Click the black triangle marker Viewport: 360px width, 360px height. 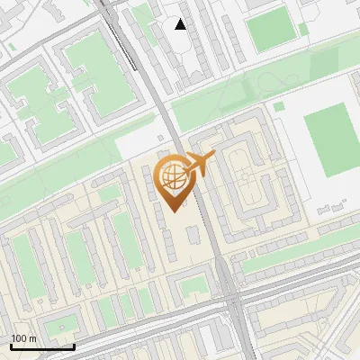click(x=181, y=24)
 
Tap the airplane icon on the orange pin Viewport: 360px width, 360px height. click(x=201, y=163)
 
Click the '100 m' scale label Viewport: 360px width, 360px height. click(x=23, y=338)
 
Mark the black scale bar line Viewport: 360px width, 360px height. click(x=42, y=346)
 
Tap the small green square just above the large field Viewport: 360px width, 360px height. click(x=280, y=106)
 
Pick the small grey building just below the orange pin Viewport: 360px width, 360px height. click(x=193, y=236)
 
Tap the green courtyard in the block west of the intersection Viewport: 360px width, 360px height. click(x=191, y=287)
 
